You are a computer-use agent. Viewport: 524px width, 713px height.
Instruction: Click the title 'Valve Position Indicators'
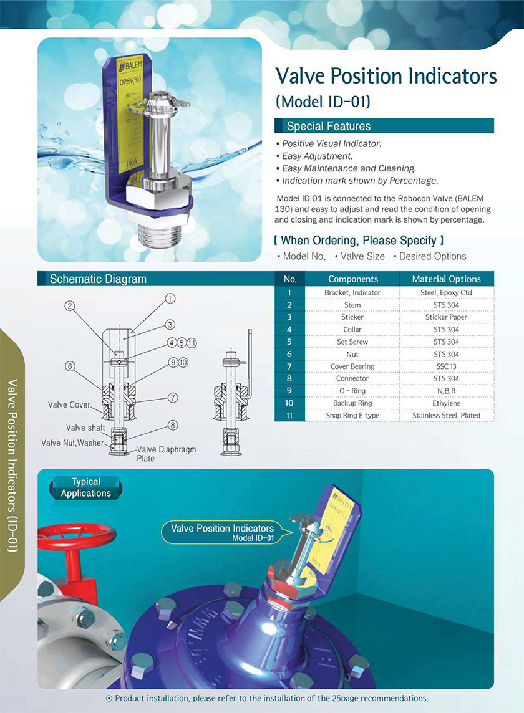(386, 76)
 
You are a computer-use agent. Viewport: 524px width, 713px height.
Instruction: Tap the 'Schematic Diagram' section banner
(98, 279)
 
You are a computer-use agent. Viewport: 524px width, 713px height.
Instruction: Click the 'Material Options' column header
(447, 279)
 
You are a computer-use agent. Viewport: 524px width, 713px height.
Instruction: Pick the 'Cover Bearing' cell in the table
(352, 366)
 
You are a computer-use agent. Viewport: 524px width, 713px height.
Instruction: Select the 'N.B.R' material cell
(447, 391)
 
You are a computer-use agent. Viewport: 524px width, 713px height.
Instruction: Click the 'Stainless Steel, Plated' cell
(447, 415)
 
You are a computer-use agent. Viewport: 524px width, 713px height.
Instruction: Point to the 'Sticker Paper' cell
(447, 317)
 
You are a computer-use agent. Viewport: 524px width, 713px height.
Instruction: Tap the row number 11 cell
(289, 415)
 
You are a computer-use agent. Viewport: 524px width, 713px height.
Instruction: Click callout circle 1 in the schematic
(169, 299)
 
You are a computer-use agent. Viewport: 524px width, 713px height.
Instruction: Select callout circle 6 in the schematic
(70, 366)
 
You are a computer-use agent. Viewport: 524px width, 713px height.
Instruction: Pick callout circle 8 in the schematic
(173, 426)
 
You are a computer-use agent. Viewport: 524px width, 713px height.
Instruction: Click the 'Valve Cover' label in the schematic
(69, 405)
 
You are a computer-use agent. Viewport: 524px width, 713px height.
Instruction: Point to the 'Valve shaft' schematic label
(85, 428)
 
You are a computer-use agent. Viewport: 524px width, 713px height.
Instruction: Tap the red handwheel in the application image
(76, 536)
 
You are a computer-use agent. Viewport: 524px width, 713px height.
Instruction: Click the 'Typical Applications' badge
(86, 487)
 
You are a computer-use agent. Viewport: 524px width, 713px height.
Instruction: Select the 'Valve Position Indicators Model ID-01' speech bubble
(223, 532)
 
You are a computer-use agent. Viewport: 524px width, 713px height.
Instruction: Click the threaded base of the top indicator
(163, 236)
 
